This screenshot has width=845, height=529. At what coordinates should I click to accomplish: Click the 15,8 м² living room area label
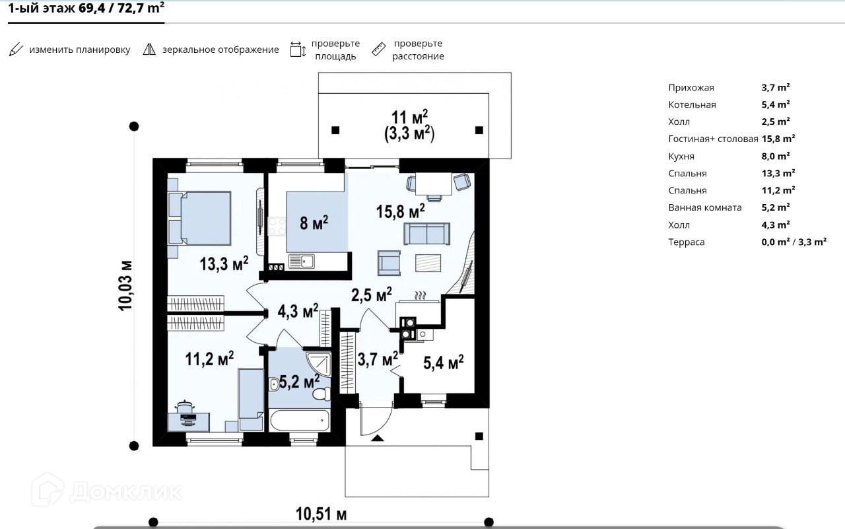400,211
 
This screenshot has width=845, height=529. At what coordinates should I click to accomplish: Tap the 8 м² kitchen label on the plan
314,223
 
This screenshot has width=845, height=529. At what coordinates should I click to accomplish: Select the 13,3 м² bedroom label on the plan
224,264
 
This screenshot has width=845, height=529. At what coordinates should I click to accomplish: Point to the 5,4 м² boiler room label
443,363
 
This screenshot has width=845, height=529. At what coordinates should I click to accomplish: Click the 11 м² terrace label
409,117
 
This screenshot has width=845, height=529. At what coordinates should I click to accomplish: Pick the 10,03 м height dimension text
125,285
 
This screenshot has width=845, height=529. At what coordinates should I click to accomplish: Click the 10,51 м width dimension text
321,514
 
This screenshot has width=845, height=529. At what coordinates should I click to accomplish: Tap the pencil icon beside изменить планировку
16,50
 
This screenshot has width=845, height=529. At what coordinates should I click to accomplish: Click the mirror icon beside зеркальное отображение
149,50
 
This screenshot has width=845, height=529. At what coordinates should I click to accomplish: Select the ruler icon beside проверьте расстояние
378,50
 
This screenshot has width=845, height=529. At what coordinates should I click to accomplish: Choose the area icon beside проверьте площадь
298,50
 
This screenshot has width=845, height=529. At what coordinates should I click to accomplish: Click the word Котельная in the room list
692,105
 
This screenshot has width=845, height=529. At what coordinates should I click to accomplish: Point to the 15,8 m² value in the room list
778,139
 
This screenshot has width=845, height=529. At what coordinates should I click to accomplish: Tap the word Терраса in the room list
686,242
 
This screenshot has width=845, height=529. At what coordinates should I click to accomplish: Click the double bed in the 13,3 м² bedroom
199,218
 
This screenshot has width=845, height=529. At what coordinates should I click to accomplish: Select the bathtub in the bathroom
300,420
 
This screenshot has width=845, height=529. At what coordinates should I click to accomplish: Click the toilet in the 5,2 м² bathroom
321,394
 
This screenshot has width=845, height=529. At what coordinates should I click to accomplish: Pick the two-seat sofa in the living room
426,234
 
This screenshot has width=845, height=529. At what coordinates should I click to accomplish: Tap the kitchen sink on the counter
302,261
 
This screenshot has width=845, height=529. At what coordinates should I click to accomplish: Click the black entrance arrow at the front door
378,438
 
